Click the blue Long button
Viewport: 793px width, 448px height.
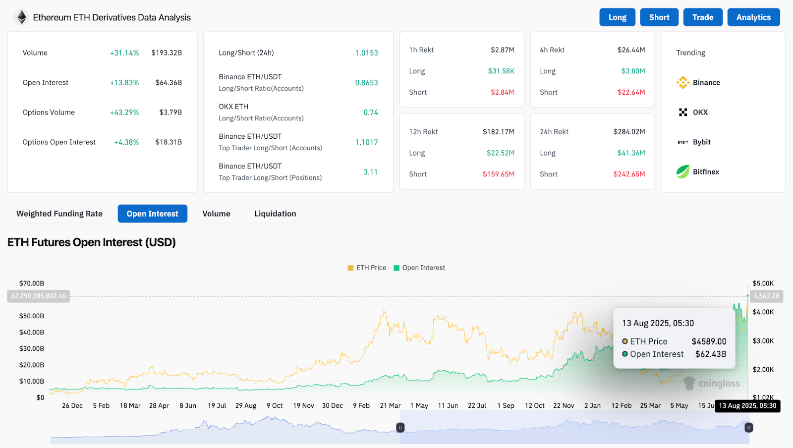[x=617, y=17]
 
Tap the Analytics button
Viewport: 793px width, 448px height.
[x=753, y=17]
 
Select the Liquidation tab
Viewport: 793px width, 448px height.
[x=275, y=214]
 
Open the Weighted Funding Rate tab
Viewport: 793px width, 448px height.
[x=59, y=214]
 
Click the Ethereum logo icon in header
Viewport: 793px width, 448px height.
[x=21, y=17]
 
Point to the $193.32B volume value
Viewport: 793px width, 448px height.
[x=167, y=53]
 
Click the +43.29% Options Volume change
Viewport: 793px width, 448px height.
[x=124, y=112]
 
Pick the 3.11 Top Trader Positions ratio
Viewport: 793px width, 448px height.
[x=370, y=172]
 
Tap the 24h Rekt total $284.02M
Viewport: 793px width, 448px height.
[x=629, y=132]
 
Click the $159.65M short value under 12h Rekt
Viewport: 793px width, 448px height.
[x=498, y=174]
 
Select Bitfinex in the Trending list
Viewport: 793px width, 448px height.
[x=705, y=172]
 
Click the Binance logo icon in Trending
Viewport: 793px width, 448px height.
[x=682, y=83]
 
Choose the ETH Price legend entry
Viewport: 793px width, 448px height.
[x=367, y=268]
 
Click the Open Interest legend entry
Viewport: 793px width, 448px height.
[x=419, y=268]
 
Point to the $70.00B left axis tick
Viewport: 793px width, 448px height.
[x=32, y=283]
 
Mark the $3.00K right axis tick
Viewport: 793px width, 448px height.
[x=763, y=341]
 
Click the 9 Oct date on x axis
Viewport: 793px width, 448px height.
[x=275, y=405]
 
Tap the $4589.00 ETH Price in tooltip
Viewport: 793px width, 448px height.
[x=709, y=341]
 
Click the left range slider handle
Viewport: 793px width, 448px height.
[x=400, y=427]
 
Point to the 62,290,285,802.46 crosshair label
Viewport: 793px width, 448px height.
[x=39, y=296]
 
